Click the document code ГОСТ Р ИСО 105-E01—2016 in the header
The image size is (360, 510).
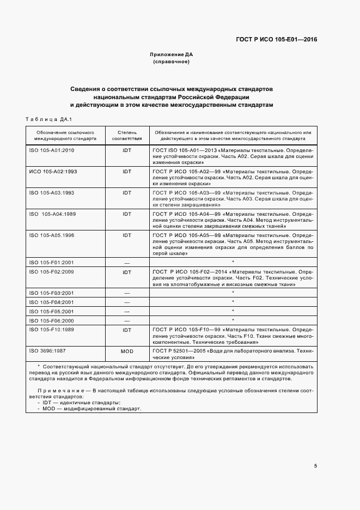pos(277,39)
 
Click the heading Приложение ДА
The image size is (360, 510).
pos(171,55)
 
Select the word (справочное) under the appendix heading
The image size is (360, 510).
pos(171,62)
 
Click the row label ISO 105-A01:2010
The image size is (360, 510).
pos(51,149)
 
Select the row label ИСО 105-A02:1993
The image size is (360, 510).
pos(52,171)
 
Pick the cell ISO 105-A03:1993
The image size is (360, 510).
pos(51,192)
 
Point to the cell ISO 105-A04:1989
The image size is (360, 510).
pos(52,214)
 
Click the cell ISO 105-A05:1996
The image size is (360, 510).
pos(51,235)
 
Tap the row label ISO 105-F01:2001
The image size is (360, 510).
pos(51,262)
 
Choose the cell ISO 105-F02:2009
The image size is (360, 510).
pos(51,271)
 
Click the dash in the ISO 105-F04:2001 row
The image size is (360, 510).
pos(127,301)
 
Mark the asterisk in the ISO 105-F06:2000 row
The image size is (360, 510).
pos(233,320)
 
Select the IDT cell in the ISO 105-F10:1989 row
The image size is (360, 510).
pos(127,330)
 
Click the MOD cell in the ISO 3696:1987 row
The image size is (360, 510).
pos(127,351)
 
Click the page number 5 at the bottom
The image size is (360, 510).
pos(315,465)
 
